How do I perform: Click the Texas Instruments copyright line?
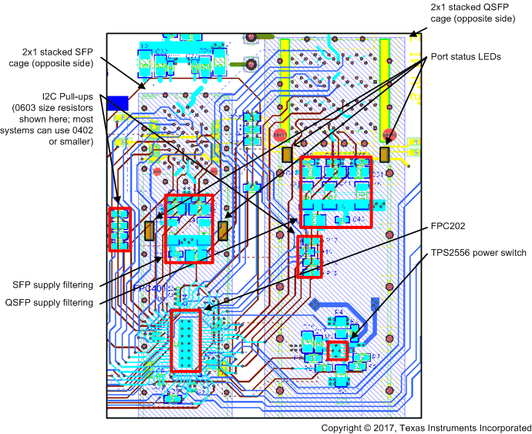426,426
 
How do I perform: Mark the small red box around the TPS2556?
337,352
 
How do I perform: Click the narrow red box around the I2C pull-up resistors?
119,229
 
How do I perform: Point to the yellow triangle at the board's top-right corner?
415,34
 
